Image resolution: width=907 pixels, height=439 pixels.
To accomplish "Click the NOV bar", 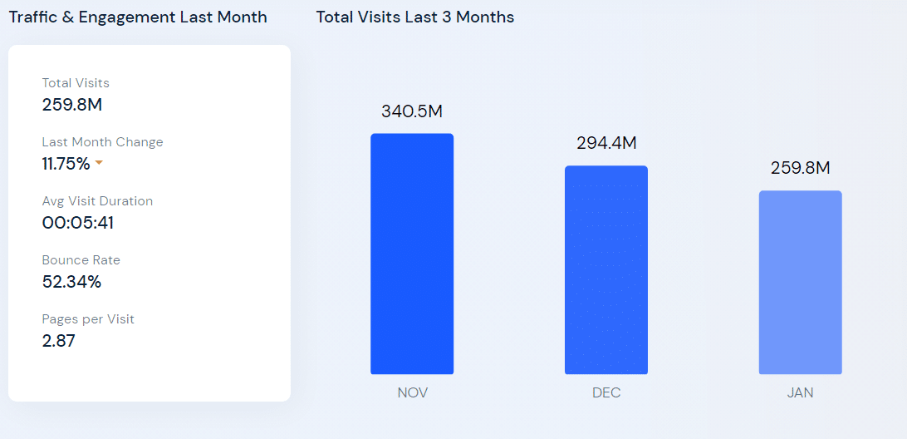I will [412, 254].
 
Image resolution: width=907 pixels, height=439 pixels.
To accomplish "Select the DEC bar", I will [606, 269].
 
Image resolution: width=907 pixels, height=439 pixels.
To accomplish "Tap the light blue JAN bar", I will [800, 282].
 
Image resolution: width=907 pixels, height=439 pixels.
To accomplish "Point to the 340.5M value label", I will [412, 111].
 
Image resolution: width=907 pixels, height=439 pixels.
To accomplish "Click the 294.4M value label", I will [606, 143].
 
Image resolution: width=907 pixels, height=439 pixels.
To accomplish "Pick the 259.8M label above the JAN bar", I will [800, 168].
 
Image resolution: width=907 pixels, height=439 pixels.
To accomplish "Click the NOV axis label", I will [412, 392].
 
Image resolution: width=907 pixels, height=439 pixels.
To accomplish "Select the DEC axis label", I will [606, 392].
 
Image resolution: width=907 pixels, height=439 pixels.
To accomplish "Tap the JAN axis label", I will [800, 392].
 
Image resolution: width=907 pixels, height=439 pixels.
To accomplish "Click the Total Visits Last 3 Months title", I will [414, 17].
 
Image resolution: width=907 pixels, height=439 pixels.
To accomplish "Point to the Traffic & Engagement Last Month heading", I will [138, 17].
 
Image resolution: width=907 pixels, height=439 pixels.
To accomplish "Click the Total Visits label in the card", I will [76, 83].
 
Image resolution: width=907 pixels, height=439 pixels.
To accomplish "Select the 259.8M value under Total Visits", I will [72, 105].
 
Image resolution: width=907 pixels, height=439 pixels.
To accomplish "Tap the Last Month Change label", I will [102, 142].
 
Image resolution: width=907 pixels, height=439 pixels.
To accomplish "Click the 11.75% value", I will [66, 164].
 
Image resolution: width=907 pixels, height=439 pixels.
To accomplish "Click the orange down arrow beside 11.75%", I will [99, 163].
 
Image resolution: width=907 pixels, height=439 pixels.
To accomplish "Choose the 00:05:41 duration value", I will [78, 223].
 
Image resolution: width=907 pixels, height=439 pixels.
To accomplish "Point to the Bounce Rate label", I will [81, 260].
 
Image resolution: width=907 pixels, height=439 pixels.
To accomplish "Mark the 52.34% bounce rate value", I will [71, 282].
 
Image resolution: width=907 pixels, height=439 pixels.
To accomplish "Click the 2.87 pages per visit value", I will [58, 341].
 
